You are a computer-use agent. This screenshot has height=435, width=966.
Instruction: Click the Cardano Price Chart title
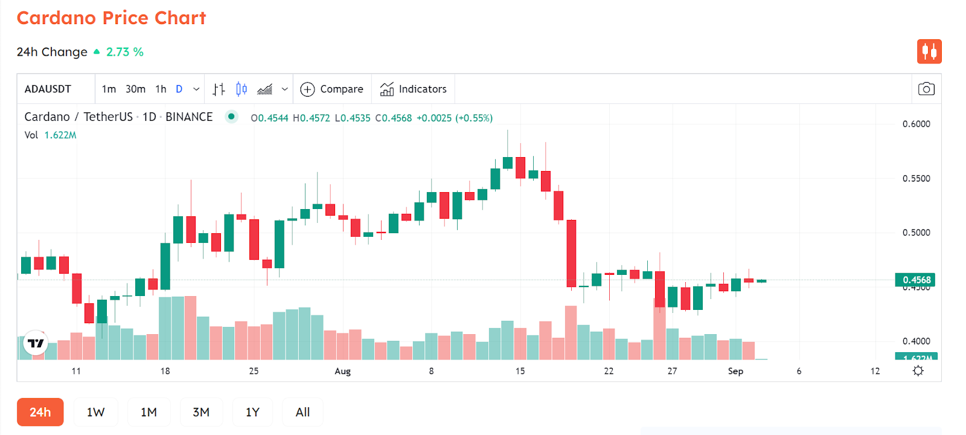(111, 18)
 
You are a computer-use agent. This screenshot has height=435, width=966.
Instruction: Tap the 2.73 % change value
(124, 52)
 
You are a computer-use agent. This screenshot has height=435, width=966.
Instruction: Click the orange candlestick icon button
(929, 51)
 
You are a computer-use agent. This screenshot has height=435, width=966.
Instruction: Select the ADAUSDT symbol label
(48, 89)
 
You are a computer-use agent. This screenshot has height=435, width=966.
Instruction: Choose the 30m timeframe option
(135, 89)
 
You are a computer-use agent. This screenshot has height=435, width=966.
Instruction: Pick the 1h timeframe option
(161, 89)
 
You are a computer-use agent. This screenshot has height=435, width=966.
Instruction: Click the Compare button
(332, 89)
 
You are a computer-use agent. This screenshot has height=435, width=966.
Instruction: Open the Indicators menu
(414, 89)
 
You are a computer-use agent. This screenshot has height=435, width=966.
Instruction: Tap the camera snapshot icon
(926, 89)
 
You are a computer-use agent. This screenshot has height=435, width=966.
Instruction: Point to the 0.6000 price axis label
(916, 124)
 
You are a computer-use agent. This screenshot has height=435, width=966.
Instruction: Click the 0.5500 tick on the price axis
(916, 178)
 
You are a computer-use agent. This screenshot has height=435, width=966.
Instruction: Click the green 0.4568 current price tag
(916, 280)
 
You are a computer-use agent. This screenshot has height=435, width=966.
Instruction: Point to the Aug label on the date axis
(342, 371)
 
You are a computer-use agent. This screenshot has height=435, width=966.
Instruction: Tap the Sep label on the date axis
(735, 371)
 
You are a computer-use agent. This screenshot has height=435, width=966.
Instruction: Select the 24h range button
(40, 412)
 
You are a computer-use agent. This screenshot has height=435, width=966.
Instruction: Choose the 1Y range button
(252, 412)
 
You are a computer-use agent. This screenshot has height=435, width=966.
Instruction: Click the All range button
(302, 412)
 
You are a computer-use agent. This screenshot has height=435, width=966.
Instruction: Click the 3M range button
(201, 412)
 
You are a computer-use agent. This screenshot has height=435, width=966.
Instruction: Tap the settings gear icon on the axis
(918, 371)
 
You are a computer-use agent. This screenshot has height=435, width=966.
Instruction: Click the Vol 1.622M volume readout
(51, 135)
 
